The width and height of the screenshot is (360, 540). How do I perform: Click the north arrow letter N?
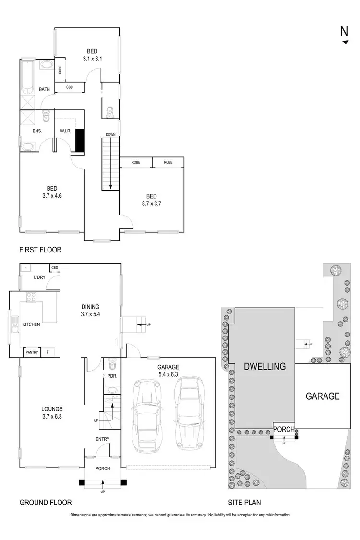344,31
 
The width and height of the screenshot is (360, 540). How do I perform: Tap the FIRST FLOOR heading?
40,250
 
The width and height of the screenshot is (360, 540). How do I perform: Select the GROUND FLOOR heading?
45,503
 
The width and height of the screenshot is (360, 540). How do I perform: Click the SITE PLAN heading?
244,503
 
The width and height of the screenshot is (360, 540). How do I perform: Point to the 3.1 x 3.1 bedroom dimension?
93,59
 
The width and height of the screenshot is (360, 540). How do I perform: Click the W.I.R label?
66,131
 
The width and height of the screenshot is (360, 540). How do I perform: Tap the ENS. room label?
37,131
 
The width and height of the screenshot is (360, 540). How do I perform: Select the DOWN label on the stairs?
111,135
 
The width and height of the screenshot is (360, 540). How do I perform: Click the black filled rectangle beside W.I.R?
80,141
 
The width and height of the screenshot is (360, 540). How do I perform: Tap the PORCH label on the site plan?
284,429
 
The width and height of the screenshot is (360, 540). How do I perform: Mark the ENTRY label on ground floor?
102,439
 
